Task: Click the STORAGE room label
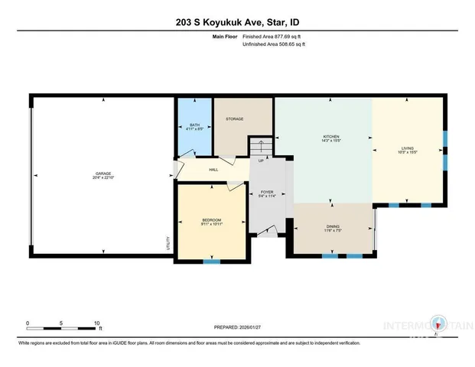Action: tap(234, 119)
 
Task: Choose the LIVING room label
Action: tap(408, 149)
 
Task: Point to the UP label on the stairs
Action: tap(261, 161)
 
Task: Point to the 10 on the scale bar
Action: tap(96, 323)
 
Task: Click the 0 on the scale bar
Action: tap(28, 323)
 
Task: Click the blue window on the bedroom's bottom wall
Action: tap(212, 261)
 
